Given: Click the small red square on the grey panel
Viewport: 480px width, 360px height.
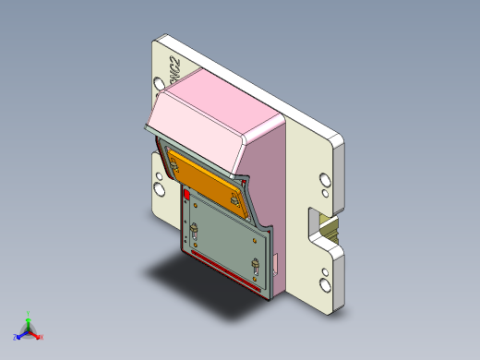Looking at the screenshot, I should click(x=188, y=196).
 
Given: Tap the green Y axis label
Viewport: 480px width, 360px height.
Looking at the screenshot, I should click(x=29, y=315).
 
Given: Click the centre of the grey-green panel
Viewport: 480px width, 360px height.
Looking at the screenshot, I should click(x=225, y=238).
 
